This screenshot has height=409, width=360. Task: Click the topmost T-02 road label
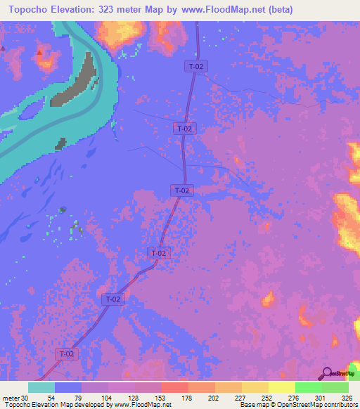(x=196, y=66)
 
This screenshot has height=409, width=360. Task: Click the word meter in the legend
(x=11, y=397)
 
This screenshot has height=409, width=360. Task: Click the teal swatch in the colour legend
(x=41, y=387)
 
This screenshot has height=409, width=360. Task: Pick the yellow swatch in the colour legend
(x=281, y=387)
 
